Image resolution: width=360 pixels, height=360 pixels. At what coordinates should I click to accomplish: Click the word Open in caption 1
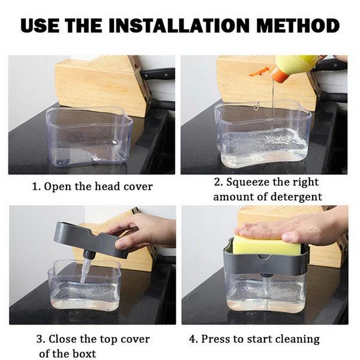[59, 187]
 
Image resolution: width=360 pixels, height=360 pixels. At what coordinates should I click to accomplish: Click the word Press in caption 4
[215, 339]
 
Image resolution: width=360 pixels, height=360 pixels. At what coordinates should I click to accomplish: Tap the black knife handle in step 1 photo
[157, 74]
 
